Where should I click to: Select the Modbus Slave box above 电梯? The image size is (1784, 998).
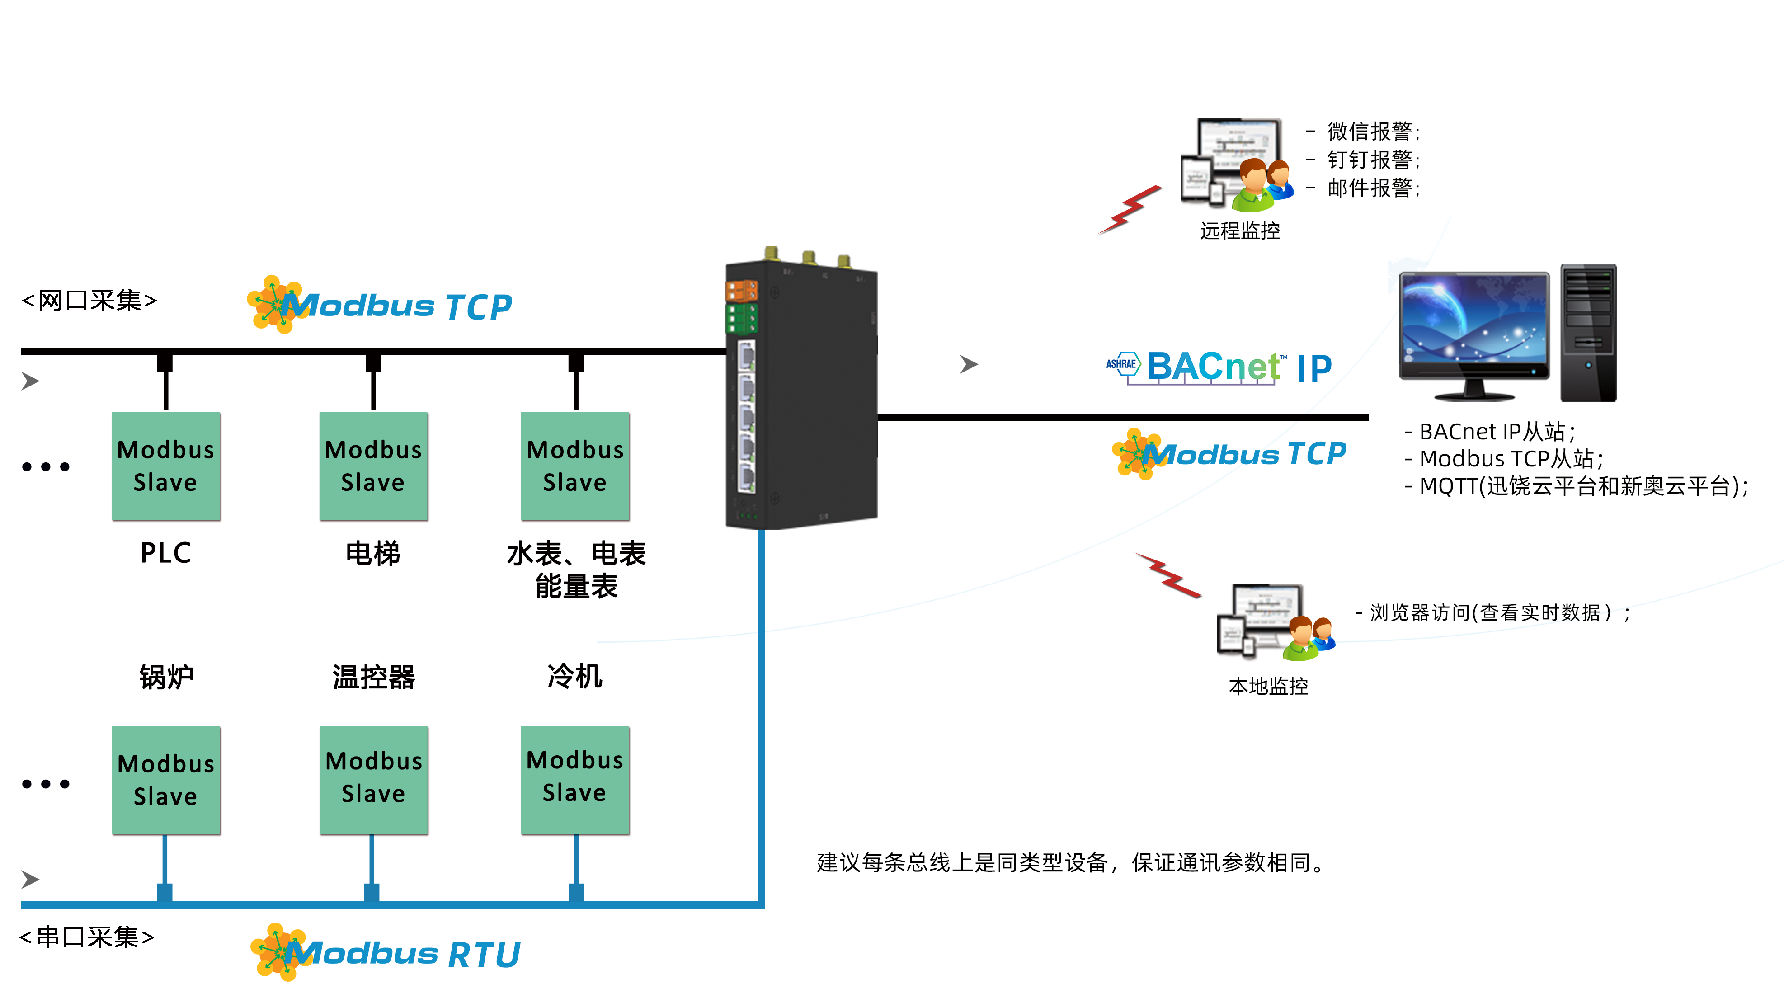pyautogui.click(x=373, y=466)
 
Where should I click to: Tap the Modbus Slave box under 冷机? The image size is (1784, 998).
pyautogui.click(x=575, y=780)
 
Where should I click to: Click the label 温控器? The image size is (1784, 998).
pyautogui.click(x=373, y=677)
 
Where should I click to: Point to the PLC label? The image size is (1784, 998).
pyautogui.click(x=165, y=553)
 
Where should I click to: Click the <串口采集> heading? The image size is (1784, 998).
pyautogui.click(x=87, y=937)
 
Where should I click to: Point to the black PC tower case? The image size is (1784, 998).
pyautogui.click(x=1588, y=332)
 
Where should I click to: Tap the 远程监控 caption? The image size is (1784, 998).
pyautogui.click(x=1240, y=231)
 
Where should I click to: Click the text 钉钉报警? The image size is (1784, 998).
pyautogui.click(x=1371, y=160)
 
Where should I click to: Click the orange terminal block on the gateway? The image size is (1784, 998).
pyautogui.click(x=741, y=290)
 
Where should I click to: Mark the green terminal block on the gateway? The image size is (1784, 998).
pyautogui.click(x=741, y=319)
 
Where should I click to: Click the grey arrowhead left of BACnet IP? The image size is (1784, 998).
pyautogui.click(x=968, y=364)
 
